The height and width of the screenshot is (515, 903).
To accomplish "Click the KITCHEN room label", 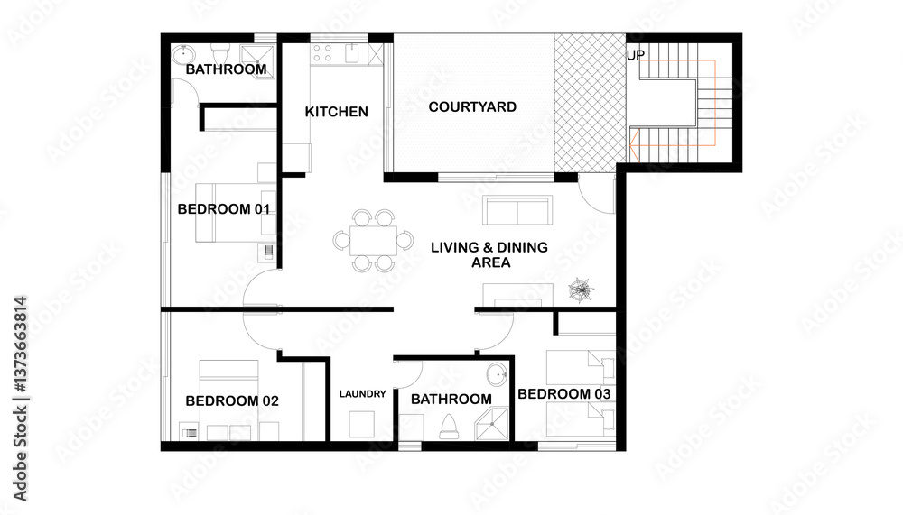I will (x=336, y=112).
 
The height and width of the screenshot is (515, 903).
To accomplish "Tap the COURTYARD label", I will (x=472, y=106).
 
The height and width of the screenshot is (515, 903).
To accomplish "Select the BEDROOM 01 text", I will (x=225, y=209).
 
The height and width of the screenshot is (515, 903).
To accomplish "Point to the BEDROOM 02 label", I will (x=232, y=401).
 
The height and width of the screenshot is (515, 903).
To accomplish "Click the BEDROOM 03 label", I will (x=564, y=394).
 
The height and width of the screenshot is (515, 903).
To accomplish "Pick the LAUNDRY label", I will (x=363, y=394).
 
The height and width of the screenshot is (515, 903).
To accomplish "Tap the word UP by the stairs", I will (x=636, y=55).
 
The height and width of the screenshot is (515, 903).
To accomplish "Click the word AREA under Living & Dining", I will (x=491, y=263).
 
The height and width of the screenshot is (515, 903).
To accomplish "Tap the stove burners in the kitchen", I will (x=323, y=53).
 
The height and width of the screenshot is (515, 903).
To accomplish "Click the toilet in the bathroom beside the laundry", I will (x=449, y=425).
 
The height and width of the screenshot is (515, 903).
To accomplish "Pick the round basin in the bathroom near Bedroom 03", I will (x=497, y=372).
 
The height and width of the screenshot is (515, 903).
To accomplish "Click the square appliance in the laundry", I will (x=363, y=424).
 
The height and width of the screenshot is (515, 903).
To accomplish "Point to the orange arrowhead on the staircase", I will (x=635, y=142).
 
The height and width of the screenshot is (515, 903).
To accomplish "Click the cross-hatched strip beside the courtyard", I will (x=589, y=101).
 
